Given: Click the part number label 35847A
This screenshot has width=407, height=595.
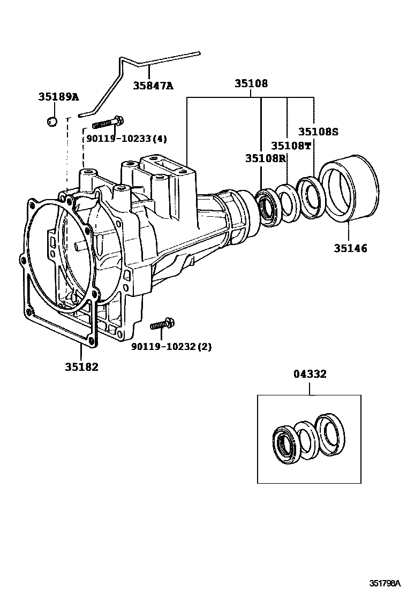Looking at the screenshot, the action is (x=153, y=86).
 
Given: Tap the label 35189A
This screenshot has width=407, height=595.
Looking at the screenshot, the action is (x=58, y=97).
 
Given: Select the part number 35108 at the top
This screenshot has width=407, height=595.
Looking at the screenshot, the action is (x=251, y=83).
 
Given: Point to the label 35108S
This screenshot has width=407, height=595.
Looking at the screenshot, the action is (x=318, y=132).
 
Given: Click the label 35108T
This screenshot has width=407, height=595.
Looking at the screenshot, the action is (x=291, y=146).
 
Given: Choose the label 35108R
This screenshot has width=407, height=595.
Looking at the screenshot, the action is (x=265, y=158).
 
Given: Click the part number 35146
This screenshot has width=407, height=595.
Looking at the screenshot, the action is (x=351, y=249).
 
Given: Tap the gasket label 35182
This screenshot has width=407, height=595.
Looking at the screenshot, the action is (x=81, y=367).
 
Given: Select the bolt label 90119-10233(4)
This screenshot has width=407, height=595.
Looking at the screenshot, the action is (x=126, y=139).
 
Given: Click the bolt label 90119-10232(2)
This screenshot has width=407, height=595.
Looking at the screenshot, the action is (x=171, y=346).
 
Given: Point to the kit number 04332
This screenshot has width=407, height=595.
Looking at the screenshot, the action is (x=310, y=374).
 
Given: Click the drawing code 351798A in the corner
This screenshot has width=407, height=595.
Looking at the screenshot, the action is (x=386, y=583).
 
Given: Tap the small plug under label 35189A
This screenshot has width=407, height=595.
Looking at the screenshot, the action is (x=52, y=121).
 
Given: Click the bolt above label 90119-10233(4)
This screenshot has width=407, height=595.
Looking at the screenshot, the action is (x=108, y=122).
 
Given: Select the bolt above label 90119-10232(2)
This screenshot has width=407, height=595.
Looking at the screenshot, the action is (x=162, y=324).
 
